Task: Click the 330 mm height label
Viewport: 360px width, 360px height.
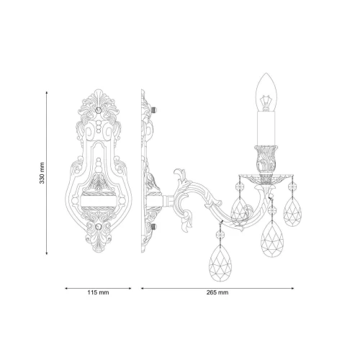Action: [x=42, y=173]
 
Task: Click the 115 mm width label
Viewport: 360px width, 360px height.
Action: [x=98, y=292]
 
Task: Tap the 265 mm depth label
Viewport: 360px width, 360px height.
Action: [x=217, y=292]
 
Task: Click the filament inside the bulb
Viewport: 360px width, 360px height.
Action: [x=265, y=102]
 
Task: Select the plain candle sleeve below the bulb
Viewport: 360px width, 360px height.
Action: [x=266, y=129]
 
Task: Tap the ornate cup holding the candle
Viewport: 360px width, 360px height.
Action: [x=266, y=159]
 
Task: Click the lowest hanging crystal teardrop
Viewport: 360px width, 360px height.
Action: [x=220, y=263]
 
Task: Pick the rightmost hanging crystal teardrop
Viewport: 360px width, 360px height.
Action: [x=292, y=212]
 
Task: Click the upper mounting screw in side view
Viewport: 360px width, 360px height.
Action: [x=154, y=110]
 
